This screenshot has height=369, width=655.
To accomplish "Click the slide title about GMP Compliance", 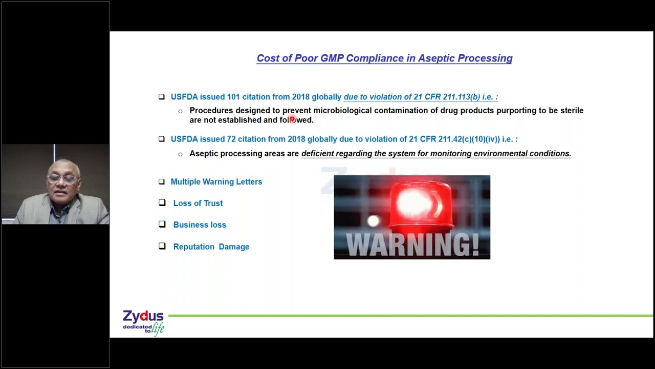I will click(x=384, y=58).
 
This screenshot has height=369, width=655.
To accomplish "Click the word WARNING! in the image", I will click(x=412, y=245).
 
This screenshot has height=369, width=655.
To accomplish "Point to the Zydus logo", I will click(x=143, y=322).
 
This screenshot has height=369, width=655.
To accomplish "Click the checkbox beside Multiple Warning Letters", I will click(x=162, y=181).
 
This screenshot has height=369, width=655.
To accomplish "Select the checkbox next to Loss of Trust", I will click(x=162, y=203).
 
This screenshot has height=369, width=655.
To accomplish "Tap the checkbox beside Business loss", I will click(x=162, y=224).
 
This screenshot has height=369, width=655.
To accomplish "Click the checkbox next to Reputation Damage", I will click(x=162, y=246).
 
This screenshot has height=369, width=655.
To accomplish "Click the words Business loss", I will click(x=200, y=225).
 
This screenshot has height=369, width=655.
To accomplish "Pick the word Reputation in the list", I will click(x=193, y=247).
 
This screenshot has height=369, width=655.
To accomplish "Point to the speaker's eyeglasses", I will click(x=62, y=179).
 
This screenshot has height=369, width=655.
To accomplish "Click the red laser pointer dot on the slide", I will click(x=292, y=119).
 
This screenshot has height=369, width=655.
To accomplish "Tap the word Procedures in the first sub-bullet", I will click(x=211, y=111).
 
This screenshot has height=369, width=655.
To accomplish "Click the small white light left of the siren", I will click(x=374, y=221).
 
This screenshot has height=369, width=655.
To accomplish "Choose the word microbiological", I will click(x=342, y=111).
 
